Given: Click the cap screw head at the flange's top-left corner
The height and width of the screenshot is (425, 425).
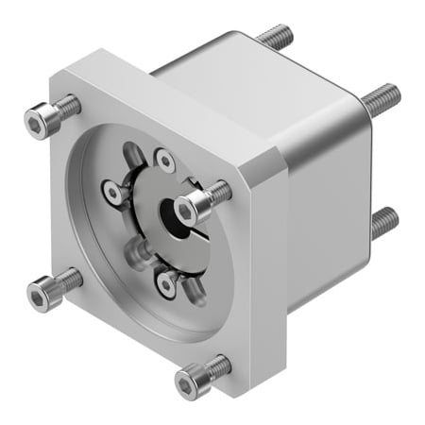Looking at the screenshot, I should (x=40, y=123).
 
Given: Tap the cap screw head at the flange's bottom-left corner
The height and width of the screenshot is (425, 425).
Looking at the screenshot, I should (x=42, y=297).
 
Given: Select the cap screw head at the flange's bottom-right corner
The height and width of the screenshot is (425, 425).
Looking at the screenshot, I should (x=190, y=382).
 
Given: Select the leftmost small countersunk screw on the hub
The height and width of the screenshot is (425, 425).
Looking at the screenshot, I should (x=115, y=194).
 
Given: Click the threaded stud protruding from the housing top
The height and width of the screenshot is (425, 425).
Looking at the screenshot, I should (x=274, y=38).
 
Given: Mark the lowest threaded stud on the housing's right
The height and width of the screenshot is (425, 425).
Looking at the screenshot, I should (x=382, y=222).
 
